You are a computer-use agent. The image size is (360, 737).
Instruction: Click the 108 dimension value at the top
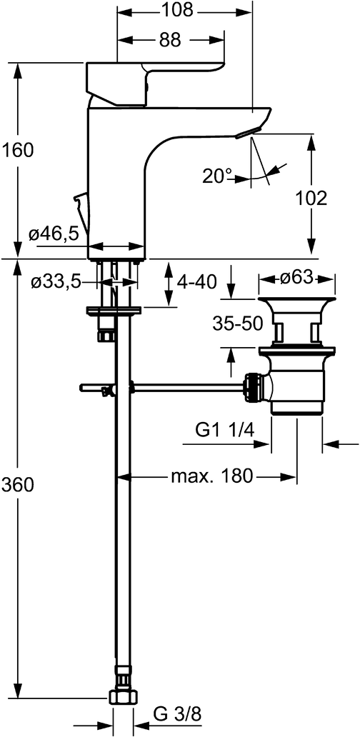pyautogui.click(x=177, y=10)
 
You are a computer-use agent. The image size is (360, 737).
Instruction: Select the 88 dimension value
pyautogui.click(x=170, y=40)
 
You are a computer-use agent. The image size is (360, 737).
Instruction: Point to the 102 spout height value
pyautogui.click(x=311, y=199)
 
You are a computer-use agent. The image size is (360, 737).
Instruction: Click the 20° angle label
pyautogui.click(x=217, y=176)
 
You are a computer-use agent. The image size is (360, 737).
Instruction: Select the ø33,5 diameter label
pyautogui.click(x=56, y=282)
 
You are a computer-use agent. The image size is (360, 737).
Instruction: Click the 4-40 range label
pyautogui.click(x=196, y=283)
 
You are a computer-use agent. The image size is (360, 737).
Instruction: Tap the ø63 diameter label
pyautogui.click(x=296, y=279)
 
